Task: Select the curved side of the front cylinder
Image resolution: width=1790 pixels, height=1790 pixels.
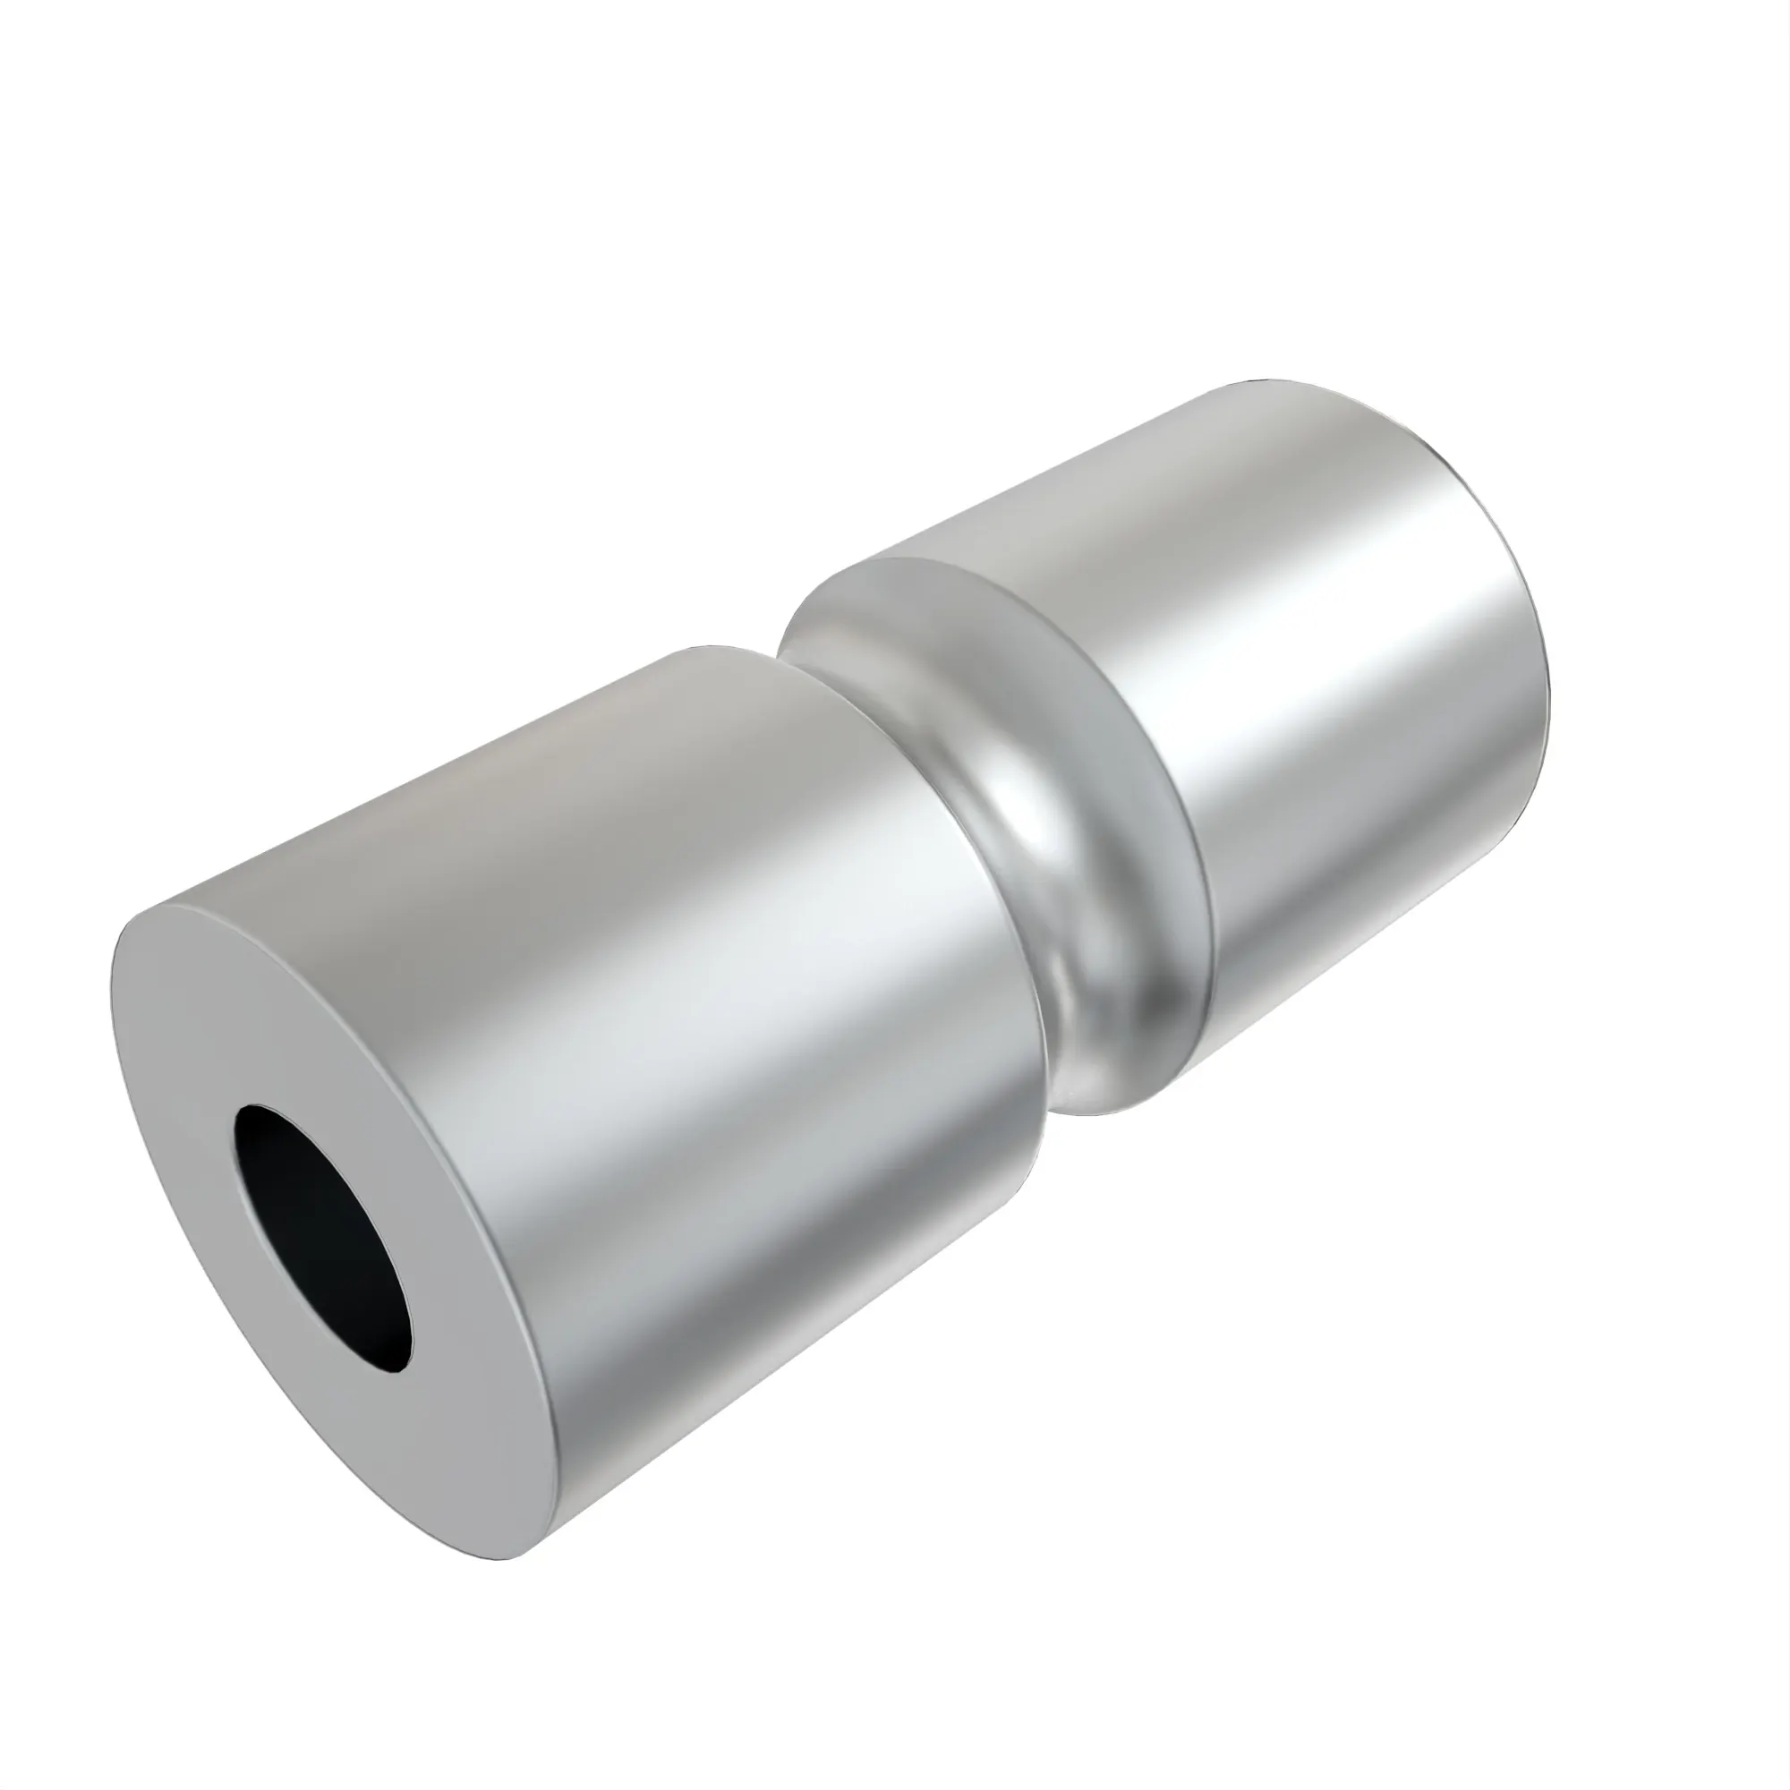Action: tap(741, 1065)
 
